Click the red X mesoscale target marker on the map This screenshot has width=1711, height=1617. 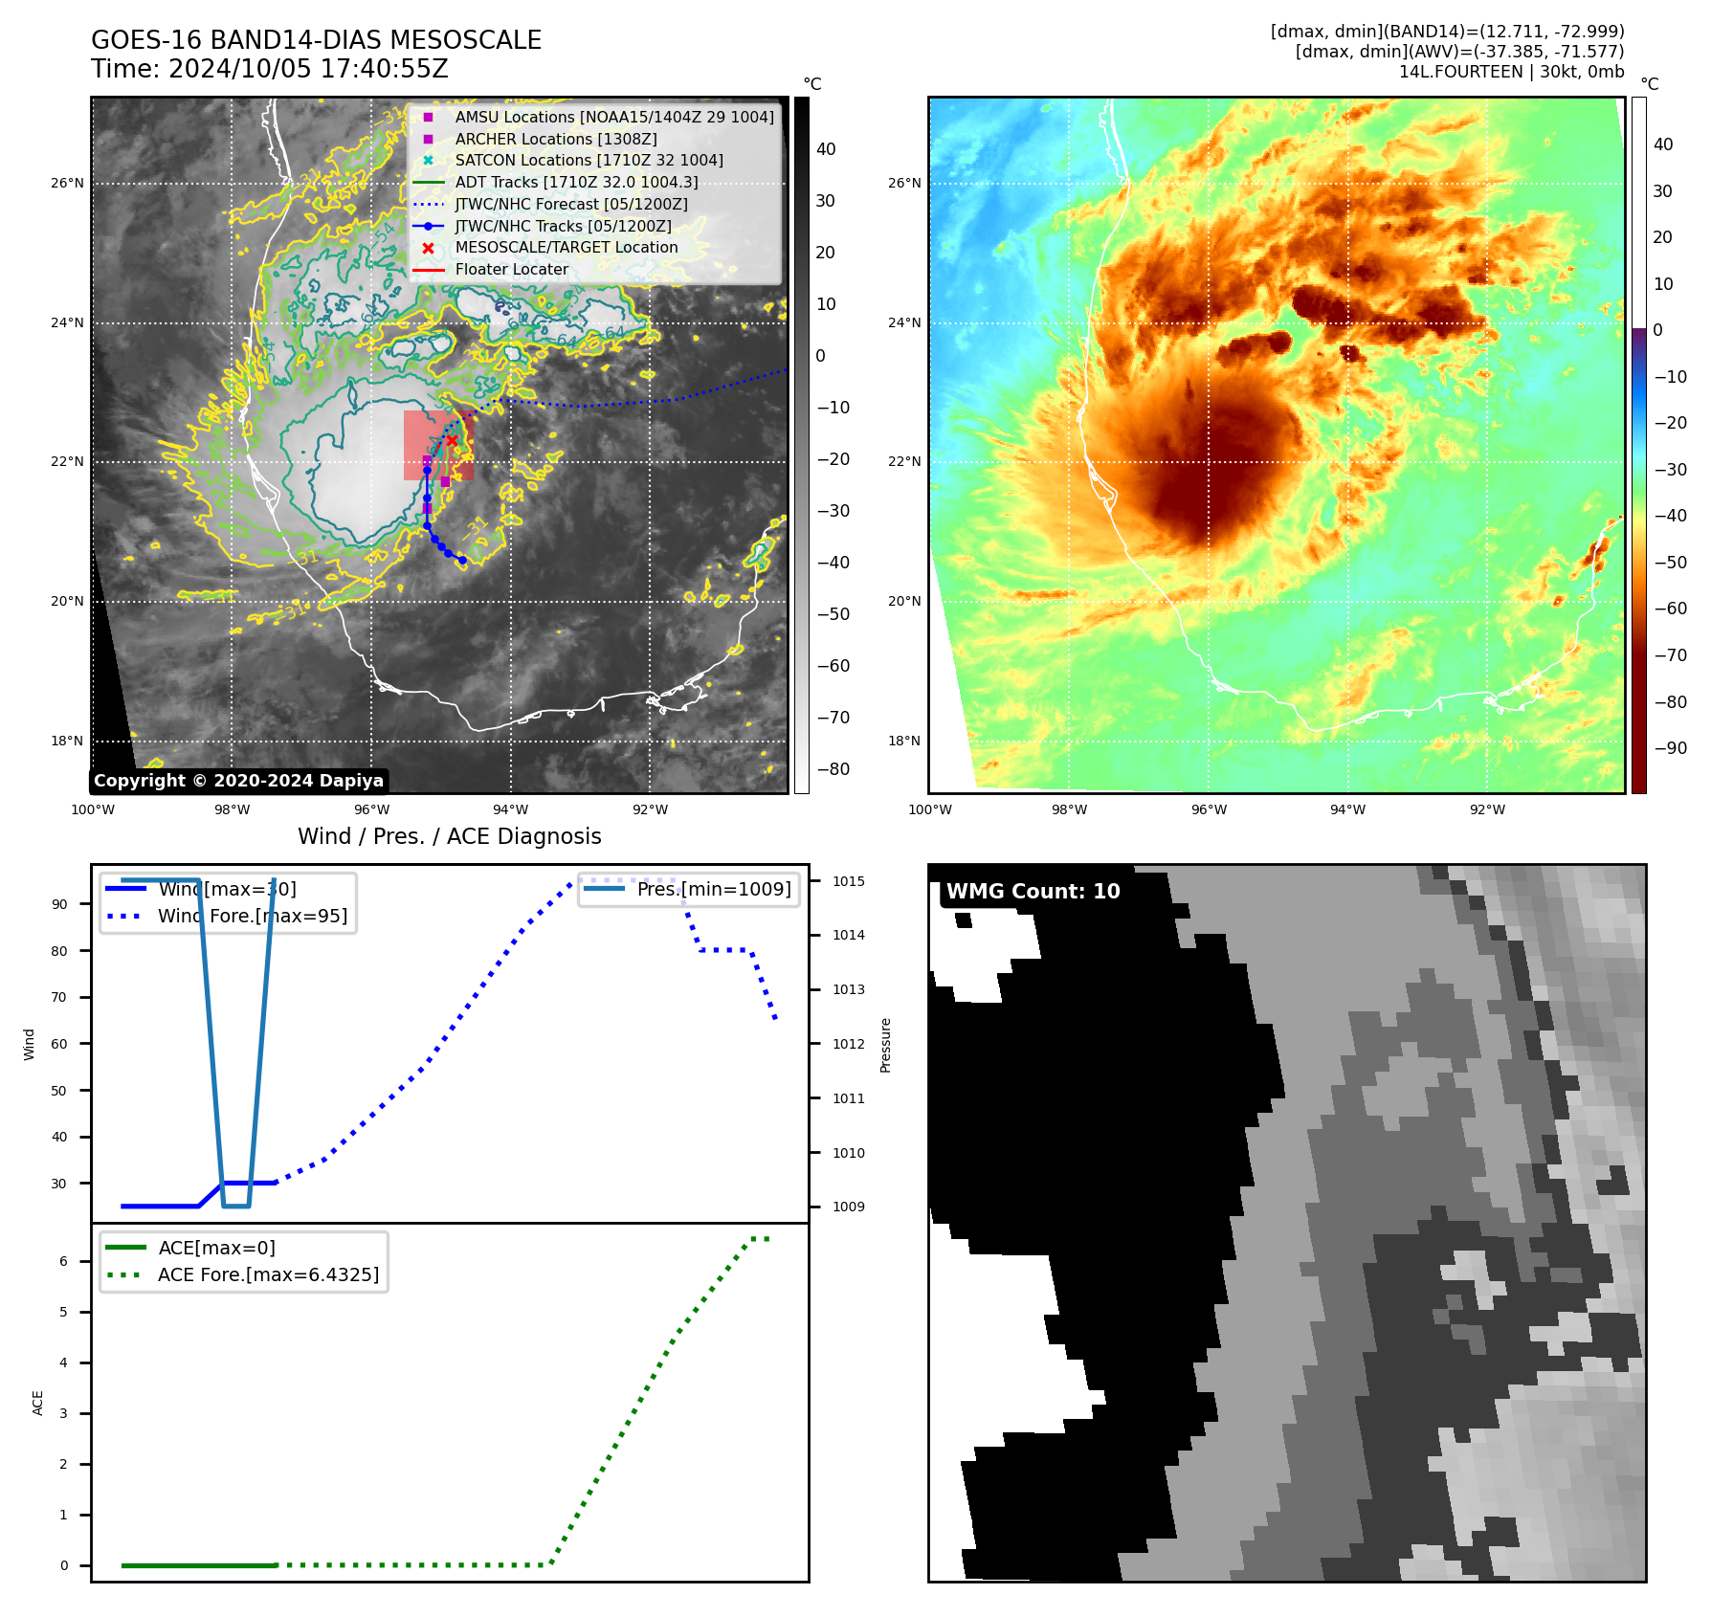[x=452, y=440]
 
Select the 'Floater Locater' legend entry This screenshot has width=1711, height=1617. [x=511, y=270]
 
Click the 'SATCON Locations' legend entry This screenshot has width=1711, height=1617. [x=589, y=161]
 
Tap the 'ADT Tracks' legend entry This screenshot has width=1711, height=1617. [x=576, y=183]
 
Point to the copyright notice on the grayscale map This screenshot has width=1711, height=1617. [x=238, y=781]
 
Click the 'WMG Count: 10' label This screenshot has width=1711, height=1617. [x=1033, y=892]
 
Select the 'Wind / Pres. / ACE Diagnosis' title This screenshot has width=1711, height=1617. [x=449, y=836]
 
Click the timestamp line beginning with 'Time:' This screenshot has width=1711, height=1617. [x=269, y=69]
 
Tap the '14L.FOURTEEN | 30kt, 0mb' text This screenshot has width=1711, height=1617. [x=1511, y=72]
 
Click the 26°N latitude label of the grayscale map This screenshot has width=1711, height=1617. [x=67, y=183]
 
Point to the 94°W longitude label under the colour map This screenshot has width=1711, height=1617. [x=1347, y=809]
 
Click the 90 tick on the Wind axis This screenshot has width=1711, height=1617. [x=59, y=904]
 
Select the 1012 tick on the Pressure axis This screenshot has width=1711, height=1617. [x=848, y=1044]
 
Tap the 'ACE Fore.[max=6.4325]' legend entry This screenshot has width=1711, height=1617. [x=268, y=1274]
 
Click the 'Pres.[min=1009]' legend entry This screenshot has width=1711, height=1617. [x=714, y=889]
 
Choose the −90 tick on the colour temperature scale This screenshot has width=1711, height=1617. [x=1670, y=748]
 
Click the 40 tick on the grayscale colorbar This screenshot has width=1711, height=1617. [x=826, y=149]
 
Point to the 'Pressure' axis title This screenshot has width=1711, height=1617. [x=885, y=1045]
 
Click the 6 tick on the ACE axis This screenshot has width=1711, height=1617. [x=63, y=1261]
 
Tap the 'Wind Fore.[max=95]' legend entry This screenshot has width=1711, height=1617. [x=253, y=916]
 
